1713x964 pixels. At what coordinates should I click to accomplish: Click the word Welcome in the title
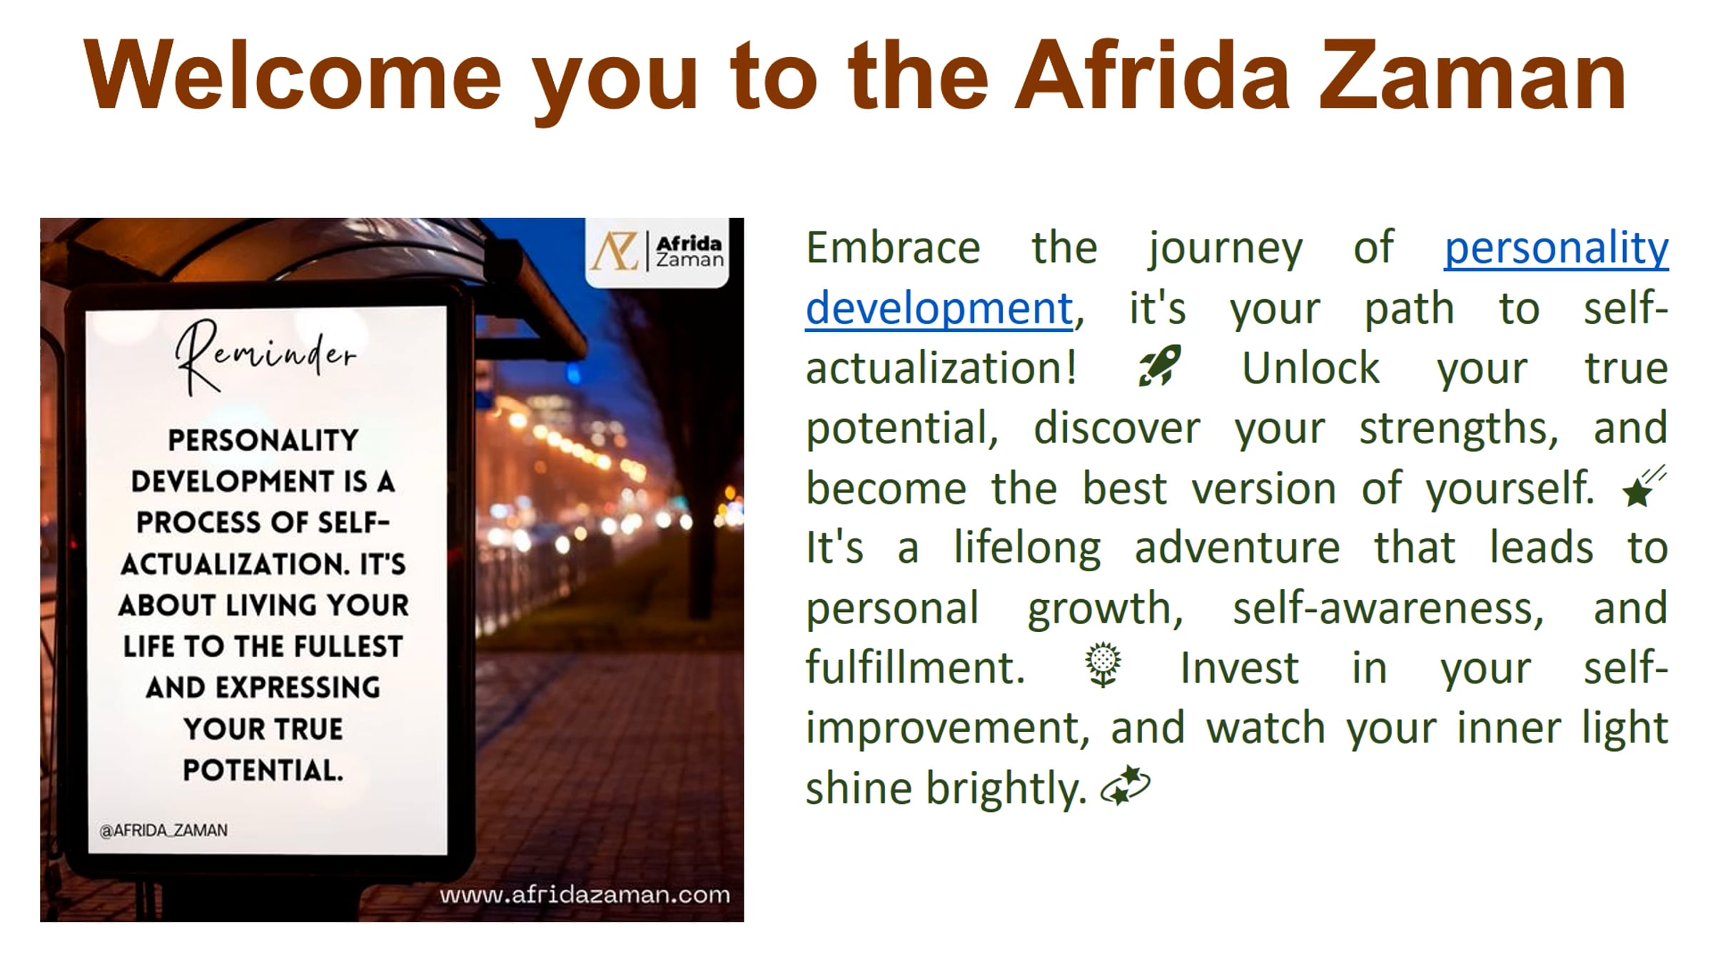click(x=293, y=76)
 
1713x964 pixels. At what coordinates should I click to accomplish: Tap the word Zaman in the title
click(x=1472, y=76)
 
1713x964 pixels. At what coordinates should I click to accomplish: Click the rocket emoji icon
click(x=1159, y=366)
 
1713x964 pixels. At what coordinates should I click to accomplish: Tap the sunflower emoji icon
click(x=1103, y=666)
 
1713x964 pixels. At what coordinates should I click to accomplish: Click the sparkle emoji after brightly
click(x=1126, y=786)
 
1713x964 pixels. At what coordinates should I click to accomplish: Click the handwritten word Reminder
click(x=266, y=356)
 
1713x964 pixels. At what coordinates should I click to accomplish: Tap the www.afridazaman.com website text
click(x=585, y=895)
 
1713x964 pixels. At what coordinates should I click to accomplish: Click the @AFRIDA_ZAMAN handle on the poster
click(x=163, y=830)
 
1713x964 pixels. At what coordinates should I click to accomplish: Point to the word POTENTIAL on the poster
click(x=263, y=770)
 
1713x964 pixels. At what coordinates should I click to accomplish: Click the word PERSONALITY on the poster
click(x=263, y=441)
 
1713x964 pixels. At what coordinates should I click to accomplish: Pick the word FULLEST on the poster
click(x=348, y=647)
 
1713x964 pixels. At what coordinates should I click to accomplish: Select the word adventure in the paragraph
click(x=1237, y=548)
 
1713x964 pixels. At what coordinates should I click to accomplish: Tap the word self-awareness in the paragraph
click(x=1388, y=608)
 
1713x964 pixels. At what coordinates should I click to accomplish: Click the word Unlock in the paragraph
click(x=1310, y=368)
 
